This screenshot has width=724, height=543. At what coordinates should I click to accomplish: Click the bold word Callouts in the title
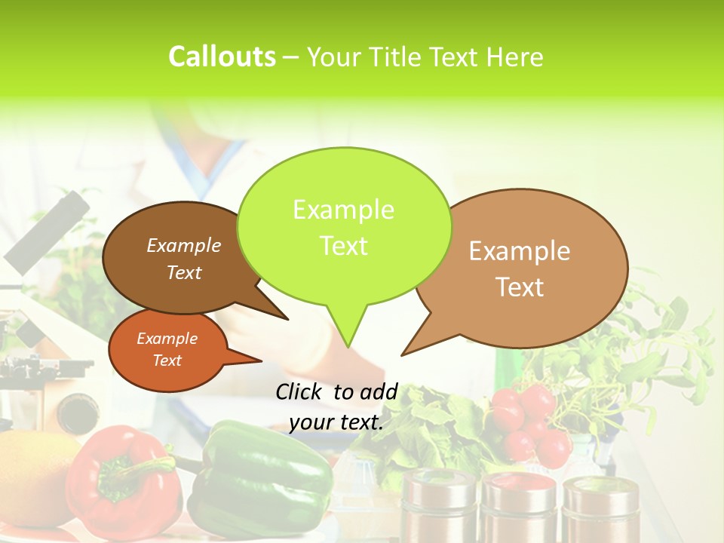click(222, 57)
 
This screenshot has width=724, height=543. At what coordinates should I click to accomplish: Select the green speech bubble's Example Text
click(344, 228)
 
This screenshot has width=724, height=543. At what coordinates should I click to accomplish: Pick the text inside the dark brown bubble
click(184, 258)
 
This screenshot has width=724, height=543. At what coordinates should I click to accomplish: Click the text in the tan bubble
click(520, 268)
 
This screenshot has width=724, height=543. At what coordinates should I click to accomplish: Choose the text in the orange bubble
click(167, 349)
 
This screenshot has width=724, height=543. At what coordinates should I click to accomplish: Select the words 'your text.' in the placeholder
click(336, 422)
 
